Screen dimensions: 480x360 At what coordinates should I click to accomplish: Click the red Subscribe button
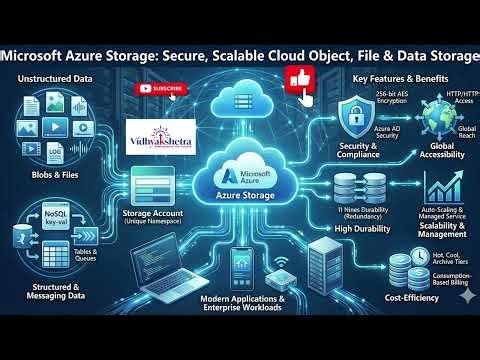click(162, 89)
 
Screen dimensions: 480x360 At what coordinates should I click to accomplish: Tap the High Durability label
click(359, 228)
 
